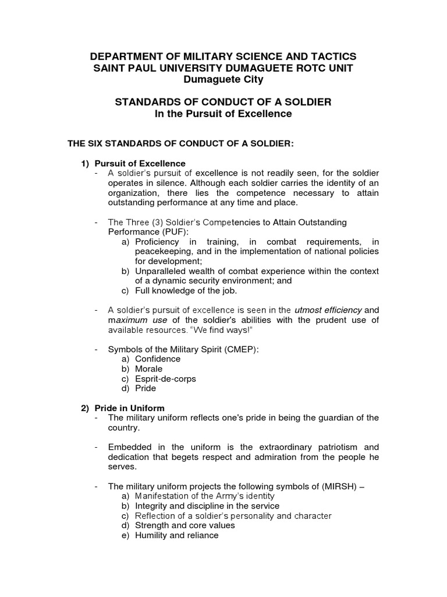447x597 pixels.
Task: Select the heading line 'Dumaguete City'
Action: point(223,79)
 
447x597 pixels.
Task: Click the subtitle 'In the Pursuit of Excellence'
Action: point(223,114)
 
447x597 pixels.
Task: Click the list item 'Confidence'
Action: point(158,359)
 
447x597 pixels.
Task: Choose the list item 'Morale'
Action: point(148,369)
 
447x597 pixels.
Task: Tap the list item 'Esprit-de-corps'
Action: point(165,379)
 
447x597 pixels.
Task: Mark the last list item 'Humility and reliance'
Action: point(176,535)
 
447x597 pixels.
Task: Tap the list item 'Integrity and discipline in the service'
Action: point(207,506)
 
